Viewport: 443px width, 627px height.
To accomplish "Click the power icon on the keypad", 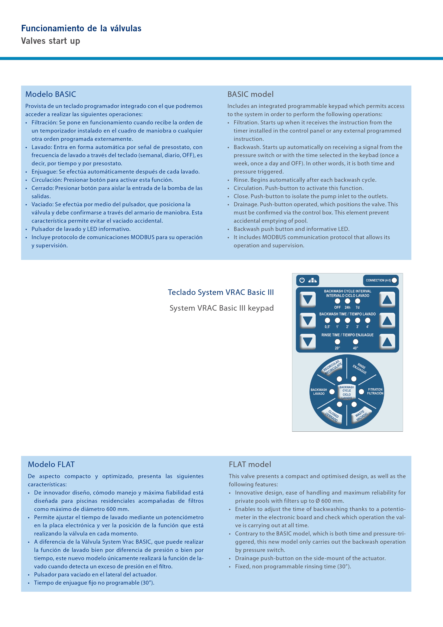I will (302, 280).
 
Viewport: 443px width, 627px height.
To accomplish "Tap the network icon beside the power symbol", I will (312, 280).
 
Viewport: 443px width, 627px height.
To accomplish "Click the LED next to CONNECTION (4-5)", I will (394, 280).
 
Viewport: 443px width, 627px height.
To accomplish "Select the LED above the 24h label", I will (347, 301).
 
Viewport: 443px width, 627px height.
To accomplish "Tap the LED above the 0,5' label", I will (327, 320).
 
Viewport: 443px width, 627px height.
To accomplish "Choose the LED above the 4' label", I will (368, 320).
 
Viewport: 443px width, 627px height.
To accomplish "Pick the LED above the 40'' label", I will (356, 342).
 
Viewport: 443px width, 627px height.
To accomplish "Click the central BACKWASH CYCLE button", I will (347, 393).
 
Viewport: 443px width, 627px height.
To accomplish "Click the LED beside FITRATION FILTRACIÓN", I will (361, 392).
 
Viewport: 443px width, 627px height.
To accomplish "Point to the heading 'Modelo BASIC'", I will (51, 94).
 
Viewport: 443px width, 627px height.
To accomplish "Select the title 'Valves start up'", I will (51, 41).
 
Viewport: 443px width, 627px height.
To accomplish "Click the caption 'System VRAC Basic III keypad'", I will (221, 308).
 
